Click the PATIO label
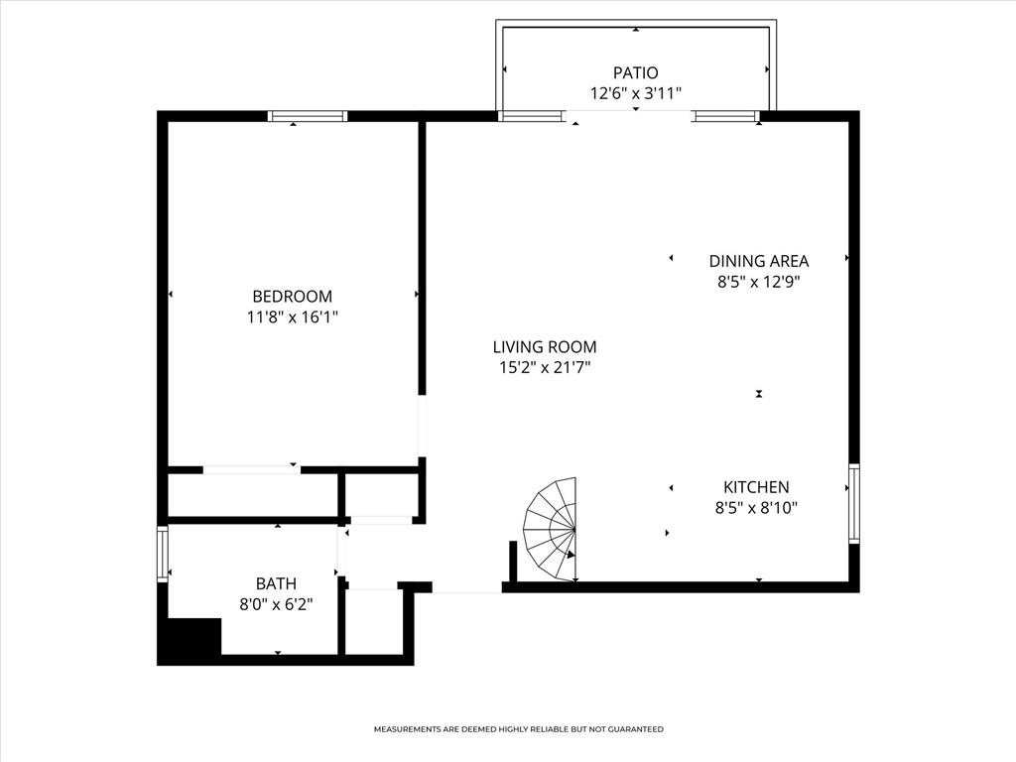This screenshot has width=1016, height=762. [635, 72]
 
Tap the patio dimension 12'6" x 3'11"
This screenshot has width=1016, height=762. [635, 93]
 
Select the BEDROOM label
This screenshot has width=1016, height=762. [292, 297]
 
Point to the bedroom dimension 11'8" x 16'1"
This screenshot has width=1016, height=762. [292, 317]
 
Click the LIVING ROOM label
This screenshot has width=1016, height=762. [545, 347]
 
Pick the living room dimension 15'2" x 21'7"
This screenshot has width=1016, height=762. [545, 368]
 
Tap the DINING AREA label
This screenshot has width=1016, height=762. [758, 261]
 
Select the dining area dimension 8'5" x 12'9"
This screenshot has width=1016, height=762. [758, 282]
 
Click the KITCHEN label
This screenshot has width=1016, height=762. [756, 487]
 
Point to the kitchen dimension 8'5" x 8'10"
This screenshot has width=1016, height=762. [756, 508]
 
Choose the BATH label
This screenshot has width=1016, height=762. [275, 584]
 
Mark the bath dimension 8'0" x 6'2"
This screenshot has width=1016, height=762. [275, 604]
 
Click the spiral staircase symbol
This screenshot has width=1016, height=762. [552, 530]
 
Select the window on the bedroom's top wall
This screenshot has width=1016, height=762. [308, 116]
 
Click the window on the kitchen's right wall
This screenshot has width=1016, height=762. [853, 504]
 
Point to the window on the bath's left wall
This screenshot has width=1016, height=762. [163, 554]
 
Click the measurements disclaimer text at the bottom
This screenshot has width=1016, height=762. [518, 729]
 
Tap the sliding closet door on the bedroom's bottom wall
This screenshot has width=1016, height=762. [252, 469]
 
